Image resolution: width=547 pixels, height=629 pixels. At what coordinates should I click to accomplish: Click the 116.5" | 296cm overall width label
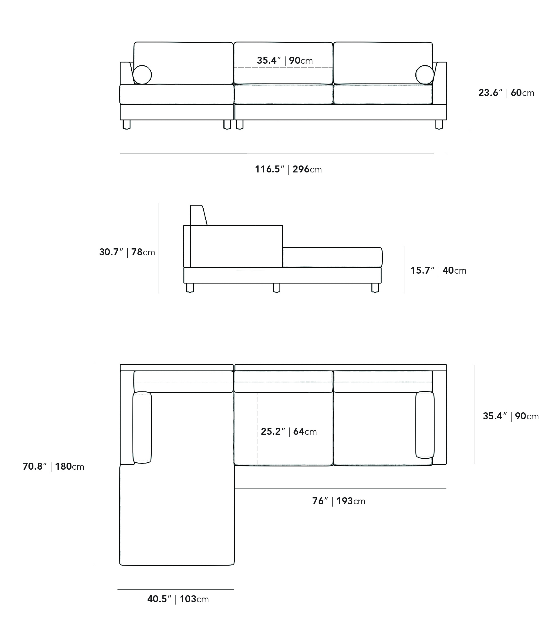[x=288, y=169]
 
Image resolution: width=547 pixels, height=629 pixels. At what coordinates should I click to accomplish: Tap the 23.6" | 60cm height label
[x=506, y=93]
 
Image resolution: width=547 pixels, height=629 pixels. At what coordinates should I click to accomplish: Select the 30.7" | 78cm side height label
[x=127, y=252]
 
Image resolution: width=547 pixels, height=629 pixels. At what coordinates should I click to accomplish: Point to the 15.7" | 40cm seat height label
[x=438, y=270]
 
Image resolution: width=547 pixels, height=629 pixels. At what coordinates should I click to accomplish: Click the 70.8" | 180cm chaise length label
[x=53, y=466]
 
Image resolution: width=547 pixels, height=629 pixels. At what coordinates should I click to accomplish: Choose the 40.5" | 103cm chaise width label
[x=178, y=599]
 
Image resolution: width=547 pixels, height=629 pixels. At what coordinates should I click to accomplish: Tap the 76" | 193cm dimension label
[x=338, y=501]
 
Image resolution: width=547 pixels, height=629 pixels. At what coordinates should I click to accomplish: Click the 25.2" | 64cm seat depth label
[x=289, y=431]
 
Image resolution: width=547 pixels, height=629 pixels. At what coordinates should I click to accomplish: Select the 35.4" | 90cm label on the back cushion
[x=285, y=60]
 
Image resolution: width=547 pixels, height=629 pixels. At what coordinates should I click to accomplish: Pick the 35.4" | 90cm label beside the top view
[x=511, y=416]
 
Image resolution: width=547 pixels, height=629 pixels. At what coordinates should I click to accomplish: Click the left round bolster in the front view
[x=142, y=74]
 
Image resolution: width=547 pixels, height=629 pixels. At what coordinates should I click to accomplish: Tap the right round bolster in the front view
[x=425, y=74]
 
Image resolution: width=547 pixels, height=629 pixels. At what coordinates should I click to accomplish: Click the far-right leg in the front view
[x=439, y=125]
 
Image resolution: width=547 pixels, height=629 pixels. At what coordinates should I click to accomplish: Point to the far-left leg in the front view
[x=126, y=125]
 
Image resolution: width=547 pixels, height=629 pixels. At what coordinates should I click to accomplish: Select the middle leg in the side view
[x=277, y=288]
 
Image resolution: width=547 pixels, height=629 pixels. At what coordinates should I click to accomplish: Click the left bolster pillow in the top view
[x=142, y=428]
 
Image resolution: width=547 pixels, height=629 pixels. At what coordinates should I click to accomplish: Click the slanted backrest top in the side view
[x=198, y=215]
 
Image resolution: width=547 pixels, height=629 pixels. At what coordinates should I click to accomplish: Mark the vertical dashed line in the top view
[x=257, y=429]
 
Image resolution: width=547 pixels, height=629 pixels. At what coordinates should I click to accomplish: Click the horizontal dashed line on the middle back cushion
[x=283, y=67]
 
